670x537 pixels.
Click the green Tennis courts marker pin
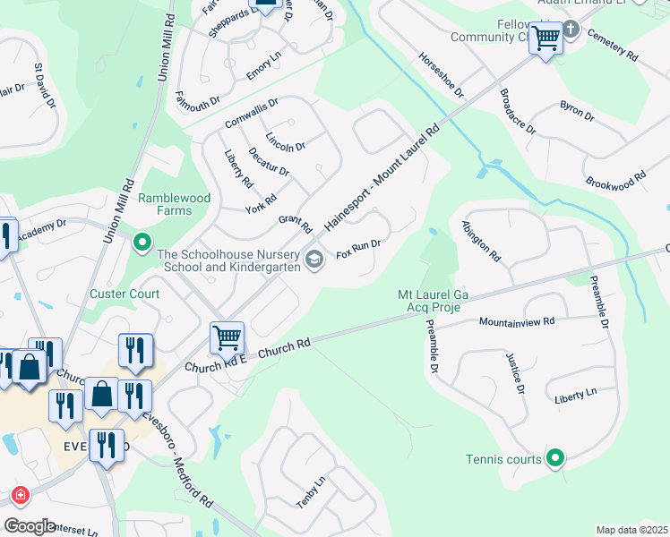coord(555,459)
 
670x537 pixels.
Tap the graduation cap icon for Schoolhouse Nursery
coord(314,260)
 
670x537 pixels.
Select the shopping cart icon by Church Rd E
coord(227,338)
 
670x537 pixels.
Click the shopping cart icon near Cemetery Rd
coord(545,38)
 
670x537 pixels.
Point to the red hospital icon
coord(19,495)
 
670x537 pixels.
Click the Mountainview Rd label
coord(517,320)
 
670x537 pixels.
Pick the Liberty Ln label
coord(575,395)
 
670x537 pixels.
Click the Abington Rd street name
coord(481,242)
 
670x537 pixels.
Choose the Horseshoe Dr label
coord(441,74)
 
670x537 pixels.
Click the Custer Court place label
coord(125,294)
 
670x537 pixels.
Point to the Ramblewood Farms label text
coord(165,204)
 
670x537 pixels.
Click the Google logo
coord(30,526)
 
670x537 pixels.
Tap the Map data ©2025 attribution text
coord(631,530)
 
